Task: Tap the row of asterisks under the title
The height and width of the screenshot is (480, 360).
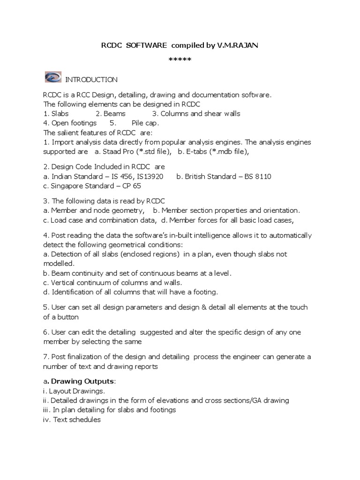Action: pyautogui.click(x=180, y=60)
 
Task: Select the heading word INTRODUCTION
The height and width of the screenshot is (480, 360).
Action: pyautogui.click(x=91, y=80)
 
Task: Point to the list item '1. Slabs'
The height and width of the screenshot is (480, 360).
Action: pyautogui.click(x=56, y=113)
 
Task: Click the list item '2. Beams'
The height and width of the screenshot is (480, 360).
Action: pyautogui.click(x=111, y=113)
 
